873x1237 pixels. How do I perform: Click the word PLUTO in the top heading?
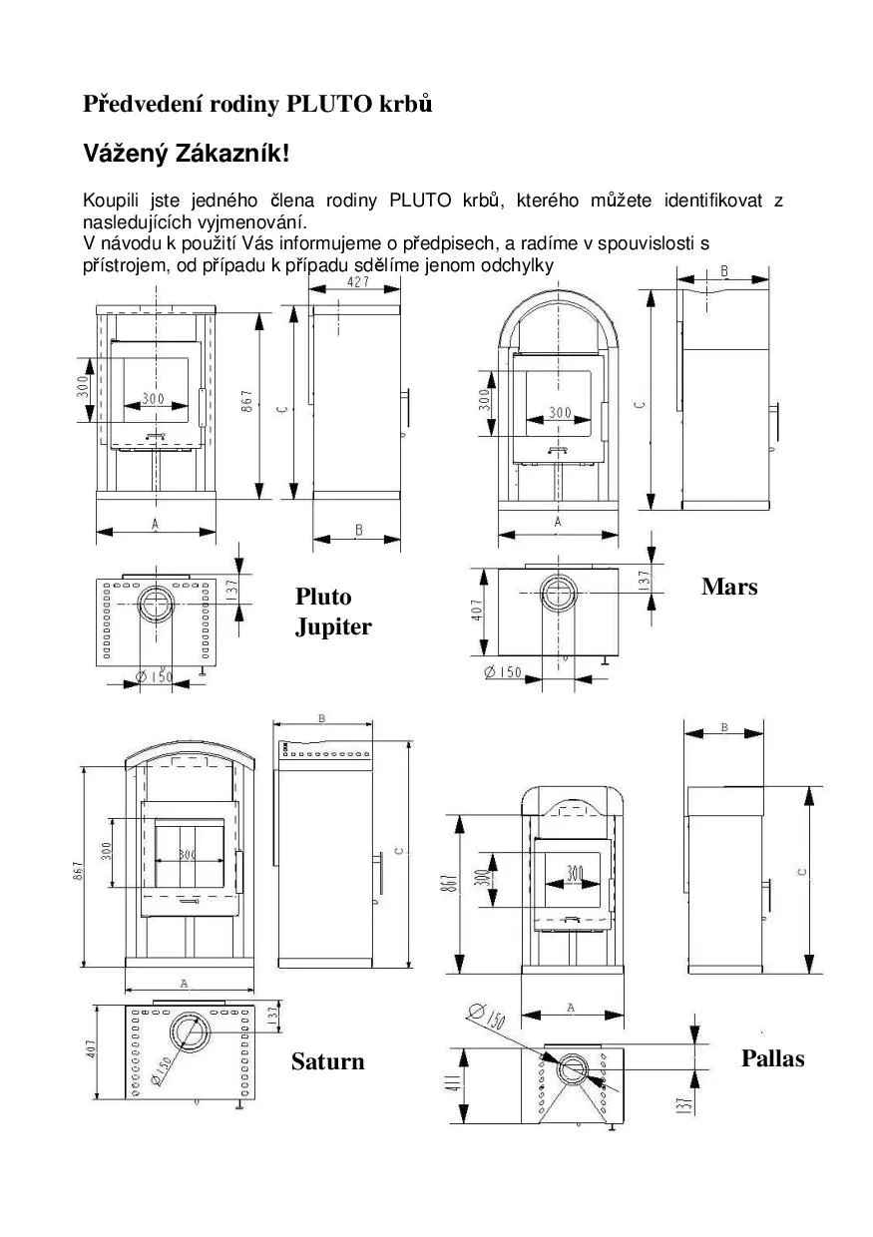click(x=330, y=104)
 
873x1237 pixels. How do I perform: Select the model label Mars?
click(x=729, y=587)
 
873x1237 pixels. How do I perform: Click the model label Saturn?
click(x=327, y=1061)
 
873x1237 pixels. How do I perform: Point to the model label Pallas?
click(x=772, y=1058)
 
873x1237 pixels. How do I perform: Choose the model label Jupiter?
click(x=333, y=627)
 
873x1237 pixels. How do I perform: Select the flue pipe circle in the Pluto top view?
click(x=155, y=604)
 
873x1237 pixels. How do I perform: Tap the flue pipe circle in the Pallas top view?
click(x=574, y=1068)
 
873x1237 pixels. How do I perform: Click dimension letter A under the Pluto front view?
click(x=156, y=523)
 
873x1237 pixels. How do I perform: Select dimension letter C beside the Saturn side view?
click(x=398, y=851)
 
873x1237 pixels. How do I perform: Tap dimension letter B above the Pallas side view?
click(x=723, y=728)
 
